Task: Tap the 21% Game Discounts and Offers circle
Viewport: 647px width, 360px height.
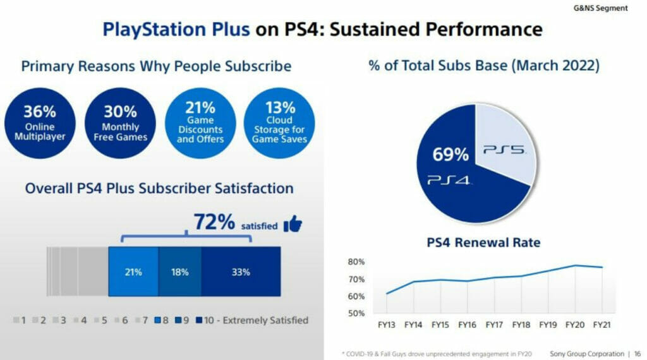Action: point(200,123)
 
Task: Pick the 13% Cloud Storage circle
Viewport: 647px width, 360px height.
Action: point(279,123)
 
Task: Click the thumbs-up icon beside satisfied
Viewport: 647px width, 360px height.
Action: point(293,224)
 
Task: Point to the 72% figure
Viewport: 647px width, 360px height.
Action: point(214,222)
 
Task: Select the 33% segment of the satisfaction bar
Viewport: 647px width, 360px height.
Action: point(241,272)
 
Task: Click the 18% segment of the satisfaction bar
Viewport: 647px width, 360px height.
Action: point(179,272)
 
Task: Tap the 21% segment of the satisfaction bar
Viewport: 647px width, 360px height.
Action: point(133,272)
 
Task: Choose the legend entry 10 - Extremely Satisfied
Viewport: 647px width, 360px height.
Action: point(253,320)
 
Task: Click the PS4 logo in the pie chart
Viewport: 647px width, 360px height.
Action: point(449,181)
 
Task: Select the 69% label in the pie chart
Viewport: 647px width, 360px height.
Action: point(450,154)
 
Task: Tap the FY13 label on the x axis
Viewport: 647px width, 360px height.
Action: point(386,327)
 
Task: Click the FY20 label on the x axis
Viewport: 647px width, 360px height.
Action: point(574,327)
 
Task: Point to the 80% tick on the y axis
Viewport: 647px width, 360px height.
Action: point(356,262)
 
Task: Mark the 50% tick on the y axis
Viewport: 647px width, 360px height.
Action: point(356,313)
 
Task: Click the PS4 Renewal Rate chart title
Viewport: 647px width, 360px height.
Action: point(484,242)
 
